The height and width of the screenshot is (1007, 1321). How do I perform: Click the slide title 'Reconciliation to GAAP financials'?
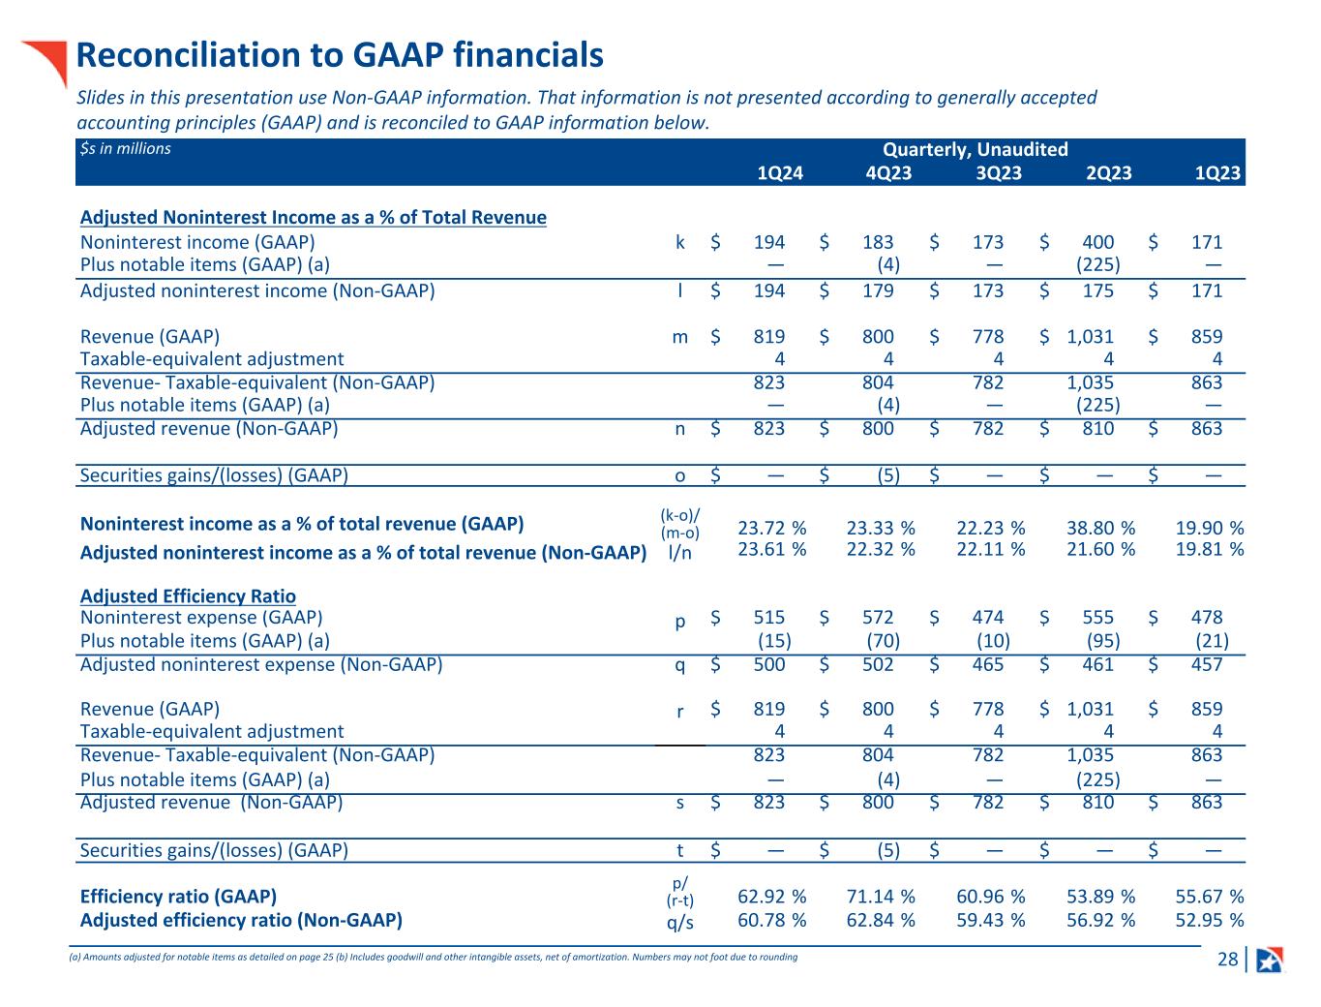pyautogui.click(x=340, y=56)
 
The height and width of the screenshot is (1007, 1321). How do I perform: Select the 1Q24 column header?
pyautogui.click(x=779, y=173)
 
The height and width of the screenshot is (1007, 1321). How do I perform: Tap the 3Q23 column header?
pyautogui.click(x=998, y=173)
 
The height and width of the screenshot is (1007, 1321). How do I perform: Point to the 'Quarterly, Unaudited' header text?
pyautogui.click(x=975, y=149)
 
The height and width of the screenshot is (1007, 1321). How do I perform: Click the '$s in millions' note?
pyautogui.click(x=126, y=148)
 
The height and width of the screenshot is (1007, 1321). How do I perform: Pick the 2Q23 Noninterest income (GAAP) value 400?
pyautogui.click(x=1097, y=242)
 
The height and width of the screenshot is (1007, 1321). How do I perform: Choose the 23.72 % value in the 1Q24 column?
pyautogui.click(x=771, y=528)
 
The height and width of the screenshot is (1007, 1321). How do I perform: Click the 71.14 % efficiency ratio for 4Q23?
pyautogui.click(x=880, y=896)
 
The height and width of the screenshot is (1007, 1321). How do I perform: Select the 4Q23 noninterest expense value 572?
pyautogui.click(x=878, y=617)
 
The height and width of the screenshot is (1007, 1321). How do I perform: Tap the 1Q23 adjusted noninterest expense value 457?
pyautogui.click(x=1207, y=664)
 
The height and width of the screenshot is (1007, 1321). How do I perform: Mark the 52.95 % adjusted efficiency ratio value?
pyautogui.click(x=1209, y=920)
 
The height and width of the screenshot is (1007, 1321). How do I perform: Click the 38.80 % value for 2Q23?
pyautogui.click(x=1100, y=528)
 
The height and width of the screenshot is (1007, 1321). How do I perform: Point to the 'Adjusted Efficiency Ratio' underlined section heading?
pyautogui.click(x=188, y=595)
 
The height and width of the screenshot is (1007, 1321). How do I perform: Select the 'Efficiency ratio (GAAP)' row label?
pyautogui.click(x=178, y=896)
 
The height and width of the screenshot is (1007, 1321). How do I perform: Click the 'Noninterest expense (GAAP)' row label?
pyautogui.click(x=201, y=617)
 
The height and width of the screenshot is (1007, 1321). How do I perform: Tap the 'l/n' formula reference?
pyautogui.click(x=679, y=552)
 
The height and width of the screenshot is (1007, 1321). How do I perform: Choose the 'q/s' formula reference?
pyautogui.click(x=679, y=922)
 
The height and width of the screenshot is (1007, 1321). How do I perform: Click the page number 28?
pyautogui.click(x=1227, y=960)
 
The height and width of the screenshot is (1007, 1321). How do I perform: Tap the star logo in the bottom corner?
pyautogui.click(x=1269, y=960)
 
